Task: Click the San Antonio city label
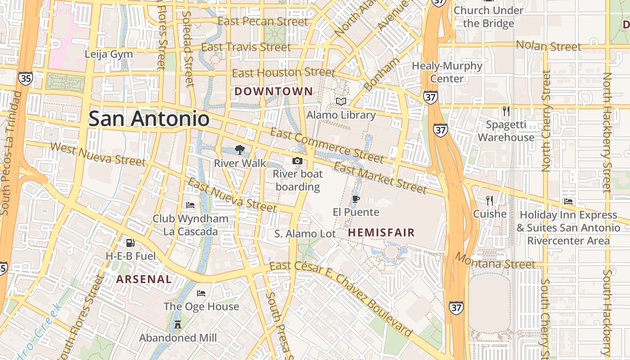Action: pos(149,119)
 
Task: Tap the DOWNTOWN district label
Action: pos(273,91)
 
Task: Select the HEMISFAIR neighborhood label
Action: pos(381,233)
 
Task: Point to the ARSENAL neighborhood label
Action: pos(144,279)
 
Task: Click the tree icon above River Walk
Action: pos(239,150)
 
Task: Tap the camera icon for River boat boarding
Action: pos(297,161)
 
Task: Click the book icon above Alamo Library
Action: pos(341,102)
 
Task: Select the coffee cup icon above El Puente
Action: pos(356,199)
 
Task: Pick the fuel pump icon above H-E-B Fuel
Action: pos(130,243)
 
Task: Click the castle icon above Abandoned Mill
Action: pos(178,324)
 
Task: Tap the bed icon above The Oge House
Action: pos(201,293)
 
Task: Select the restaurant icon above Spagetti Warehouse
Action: pos(506,111)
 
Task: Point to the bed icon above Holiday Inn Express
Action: pos(568,202)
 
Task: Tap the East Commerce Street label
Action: pos(327,145)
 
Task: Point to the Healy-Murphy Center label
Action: pos(447,72)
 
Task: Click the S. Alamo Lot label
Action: pos(305,234)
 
